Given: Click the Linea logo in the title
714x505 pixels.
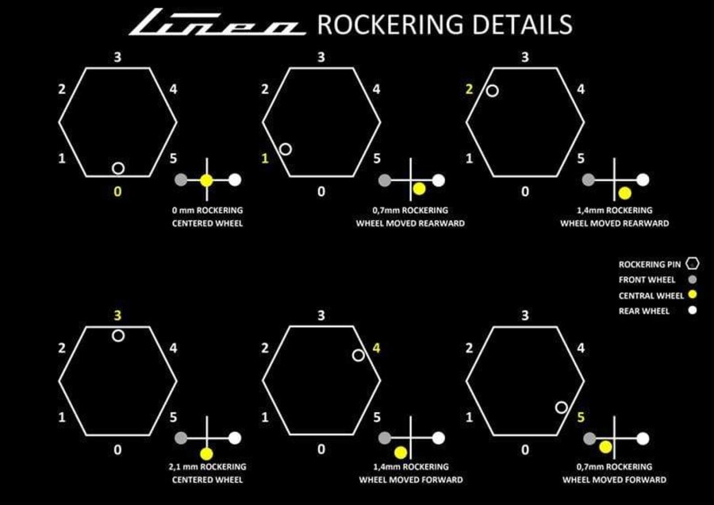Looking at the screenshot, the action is pos(217,22).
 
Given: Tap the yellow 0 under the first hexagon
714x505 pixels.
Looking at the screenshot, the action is pos(117,192).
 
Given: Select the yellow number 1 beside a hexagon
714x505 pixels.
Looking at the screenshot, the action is pos(265,159).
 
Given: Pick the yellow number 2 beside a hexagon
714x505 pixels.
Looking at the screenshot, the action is pos(470,90).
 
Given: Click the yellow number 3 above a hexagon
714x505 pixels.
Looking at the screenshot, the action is pos(117,315).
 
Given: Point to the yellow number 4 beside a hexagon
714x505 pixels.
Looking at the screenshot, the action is pos(376,349).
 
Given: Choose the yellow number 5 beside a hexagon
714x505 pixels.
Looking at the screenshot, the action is pos(581,417).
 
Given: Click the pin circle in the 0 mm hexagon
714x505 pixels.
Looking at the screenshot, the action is pos(118,163).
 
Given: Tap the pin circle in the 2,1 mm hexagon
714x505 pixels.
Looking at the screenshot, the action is pos(118,330).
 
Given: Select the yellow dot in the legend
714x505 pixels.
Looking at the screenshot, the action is pos(693,295).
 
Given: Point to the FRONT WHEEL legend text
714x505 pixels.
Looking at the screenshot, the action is pos(647,279).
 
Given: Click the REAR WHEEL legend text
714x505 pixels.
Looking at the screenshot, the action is pos(644,311).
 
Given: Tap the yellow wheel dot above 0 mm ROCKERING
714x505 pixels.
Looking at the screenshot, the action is pos(207,180).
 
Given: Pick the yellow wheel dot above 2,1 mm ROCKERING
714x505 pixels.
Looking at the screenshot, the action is pos(207,454).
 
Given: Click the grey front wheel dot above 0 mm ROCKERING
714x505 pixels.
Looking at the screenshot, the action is pos(181,180).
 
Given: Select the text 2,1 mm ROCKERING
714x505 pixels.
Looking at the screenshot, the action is pos(207,467).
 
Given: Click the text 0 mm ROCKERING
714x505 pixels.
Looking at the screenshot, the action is pos(207,210).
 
